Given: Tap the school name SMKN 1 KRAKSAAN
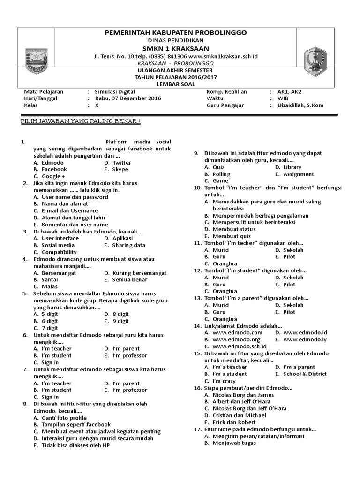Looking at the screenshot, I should [176, 49].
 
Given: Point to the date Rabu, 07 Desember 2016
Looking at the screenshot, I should [127, 98].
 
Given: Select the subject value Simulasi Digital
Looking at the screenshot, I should [114, 92].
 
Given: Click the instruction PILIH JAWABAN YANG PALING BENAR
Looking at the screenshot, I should [80, 122].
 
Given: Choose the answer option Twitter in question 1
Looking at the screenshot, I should [121, 163].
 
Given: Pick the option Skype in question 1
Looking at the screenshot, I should [120, 169].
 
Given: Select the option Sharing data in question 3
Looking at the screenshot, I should [128, 245].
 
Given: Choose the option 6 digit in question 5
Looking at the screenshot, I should [50, 321].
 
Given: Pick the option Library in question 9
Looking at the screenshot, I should [292, 167].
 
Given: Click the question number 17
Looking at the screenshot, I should [197, 429].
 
